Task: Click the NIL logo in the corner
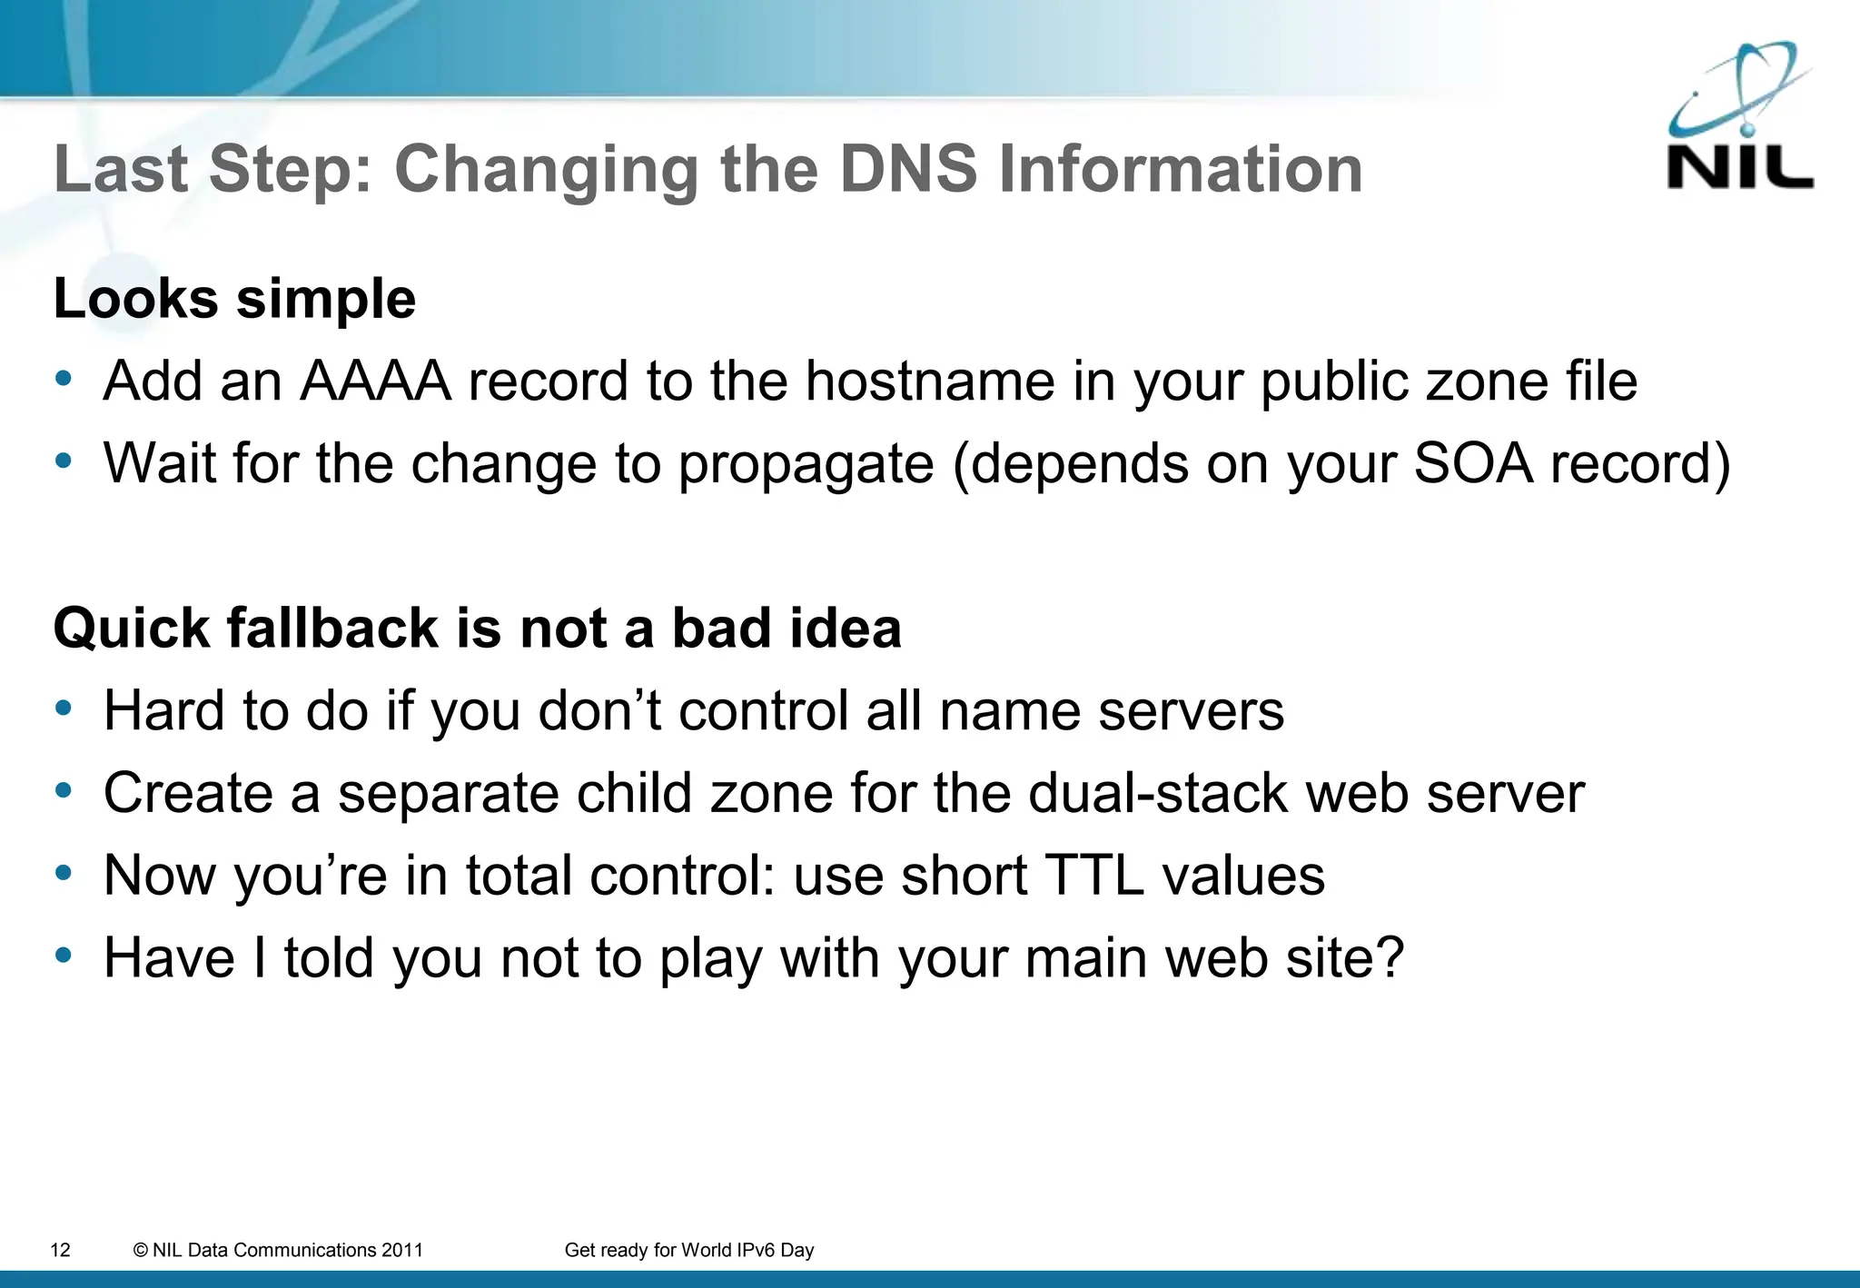pyautogui.click(x=1739, y=118)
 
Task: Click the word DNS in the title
pyautogui.click(x=908, y=170)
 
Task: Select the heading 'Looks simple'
pyautogui.click(x=234, y=299)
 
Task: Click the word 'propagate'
pyautogui.click(x=806, y=465)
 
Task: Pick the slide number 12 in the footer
pyautogui.click(x=60, y=1250)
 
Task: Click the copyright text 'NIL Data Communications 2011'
pyautogui.click(x=278, y=1250)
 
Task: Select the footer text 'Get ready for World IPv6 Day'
pyautogui.click(x=688, y=1250)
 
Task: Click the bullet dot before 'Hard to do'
pyautogui.click(x=63, y=708)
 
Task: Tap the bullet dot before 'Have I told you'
pyautogui.click(x=63, y=955)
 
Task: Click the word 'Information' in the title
pyautogui.click(x=1181, y=170)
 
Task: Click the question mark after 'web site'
pyautogui.click(x=1387, y=957)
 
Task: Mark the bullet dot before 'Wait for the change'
pyautogui.click(x=63, y=461)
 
